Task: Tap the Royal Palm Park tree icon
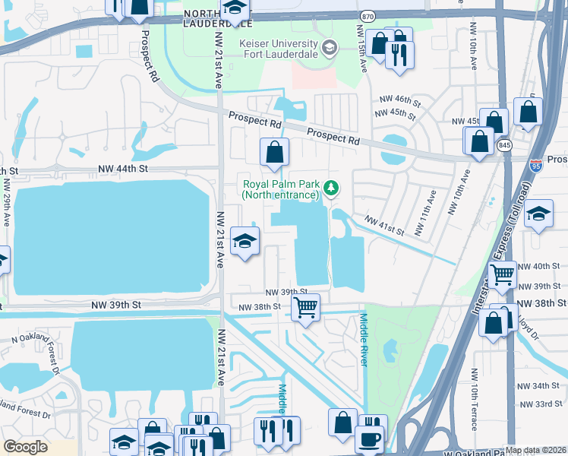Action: click(330, 187)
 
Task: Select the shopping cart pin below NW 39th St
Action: click(305, 308)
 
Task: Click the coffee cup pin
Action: click(371, 439)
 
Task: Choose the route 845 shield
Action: click(504, 144)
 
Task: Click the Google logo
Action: click(25, 446)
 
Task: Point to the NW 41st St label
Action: click(383, 225)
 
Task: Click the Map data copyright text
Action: click(535, 450)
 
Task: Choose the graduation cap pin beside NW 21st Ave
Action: click(245, 242)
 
